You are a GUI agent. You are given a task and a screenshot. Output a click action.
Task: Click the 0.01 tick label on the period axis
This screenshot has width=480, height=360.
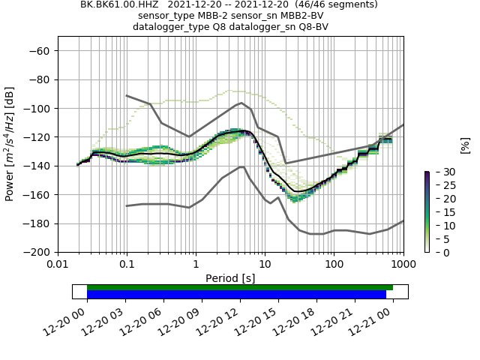coord(58,265)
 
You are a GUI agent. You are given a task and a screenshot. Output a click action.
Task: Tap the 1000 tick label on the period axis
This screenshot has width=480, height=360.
coord(403,265)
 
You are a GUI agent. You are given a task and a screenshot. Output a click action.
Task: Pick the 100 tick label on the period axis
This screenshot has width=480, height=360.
coord(334,265)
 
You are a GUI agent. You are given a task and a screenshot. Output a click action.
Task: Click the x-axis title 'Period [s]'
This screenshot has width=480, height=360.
coord(230,278)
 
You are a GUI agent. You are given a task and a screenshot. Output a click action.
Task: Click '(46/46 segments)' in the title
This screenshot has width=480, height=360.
coord(329,4)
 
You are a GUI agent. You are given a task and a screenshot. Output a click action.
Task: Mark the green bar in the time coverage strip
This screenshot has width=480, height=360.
coord(240,287)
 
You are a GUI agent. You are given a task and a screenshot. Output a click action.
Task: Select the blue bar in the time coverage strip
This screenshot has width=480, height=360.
coord(236,295)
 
